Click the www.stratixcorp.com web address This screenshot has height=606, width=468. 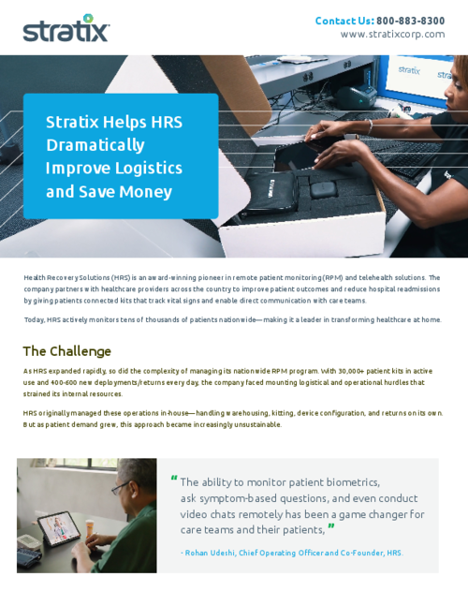click(x=392, y=35)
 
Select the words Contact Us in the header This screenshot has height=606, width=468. click(x=344, y=21)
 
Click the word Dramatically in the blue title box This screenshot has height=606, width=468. click(x=95, y=144)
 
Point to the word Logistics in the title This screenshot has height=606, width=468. click(x=149, y=168)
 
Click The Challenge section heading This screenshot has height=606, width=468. click(x=66, y=351)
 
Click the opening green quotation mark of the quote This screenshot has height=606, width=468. click(x=174, y=479)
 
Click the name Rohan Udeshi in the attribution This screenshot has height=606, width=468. click(x=215, y=553)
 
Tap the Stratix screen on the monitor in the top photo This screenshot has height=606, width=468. click(x=412, y=73)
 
